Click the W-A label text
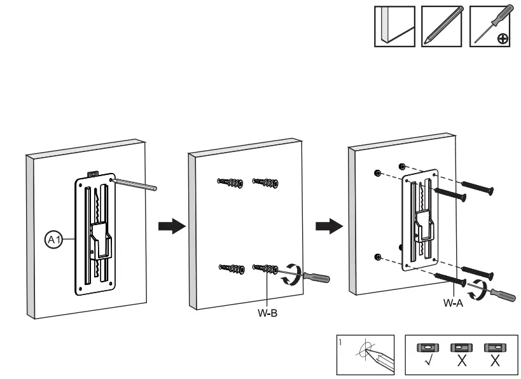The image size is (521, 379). pos(454,303)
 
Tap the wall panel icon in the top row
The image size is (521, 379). pos(394,27)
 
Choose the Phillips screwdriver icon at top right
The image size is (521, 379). pos(490,27)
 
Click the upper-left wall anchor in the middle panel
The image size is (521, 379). pos(230,184)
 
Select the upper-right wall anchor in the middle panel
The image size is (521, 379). pos(265,184)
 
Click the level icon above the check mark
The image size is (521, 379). pos(426,348)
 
